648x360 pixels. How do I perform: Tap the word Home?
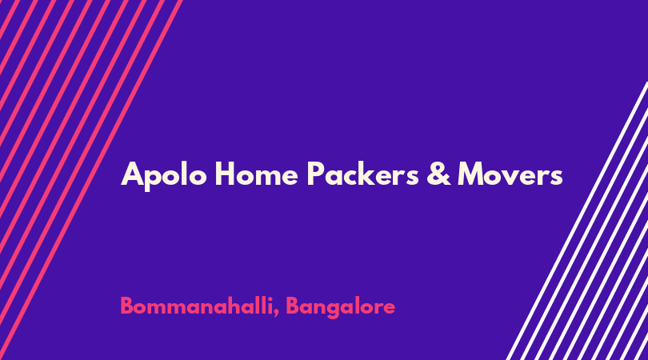256,174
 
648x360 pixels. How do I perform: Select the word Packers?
363,174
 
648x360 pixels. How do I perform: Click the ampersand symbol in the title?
438,174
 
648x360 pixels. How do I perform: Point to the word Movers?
510,174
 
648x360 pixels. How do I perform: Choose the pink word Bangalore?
341,307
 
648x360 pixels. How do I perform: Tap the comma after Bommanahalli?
276,314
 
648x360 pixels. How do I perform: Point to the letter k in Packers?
373,173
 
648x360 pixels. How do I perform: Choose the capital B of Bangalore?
293,306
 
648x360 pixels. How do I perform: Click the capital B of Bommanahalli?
127,306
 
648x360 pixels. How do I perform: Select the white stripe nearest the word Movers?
578,221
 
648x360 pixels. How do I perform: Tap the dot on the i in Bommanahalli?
269,298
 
